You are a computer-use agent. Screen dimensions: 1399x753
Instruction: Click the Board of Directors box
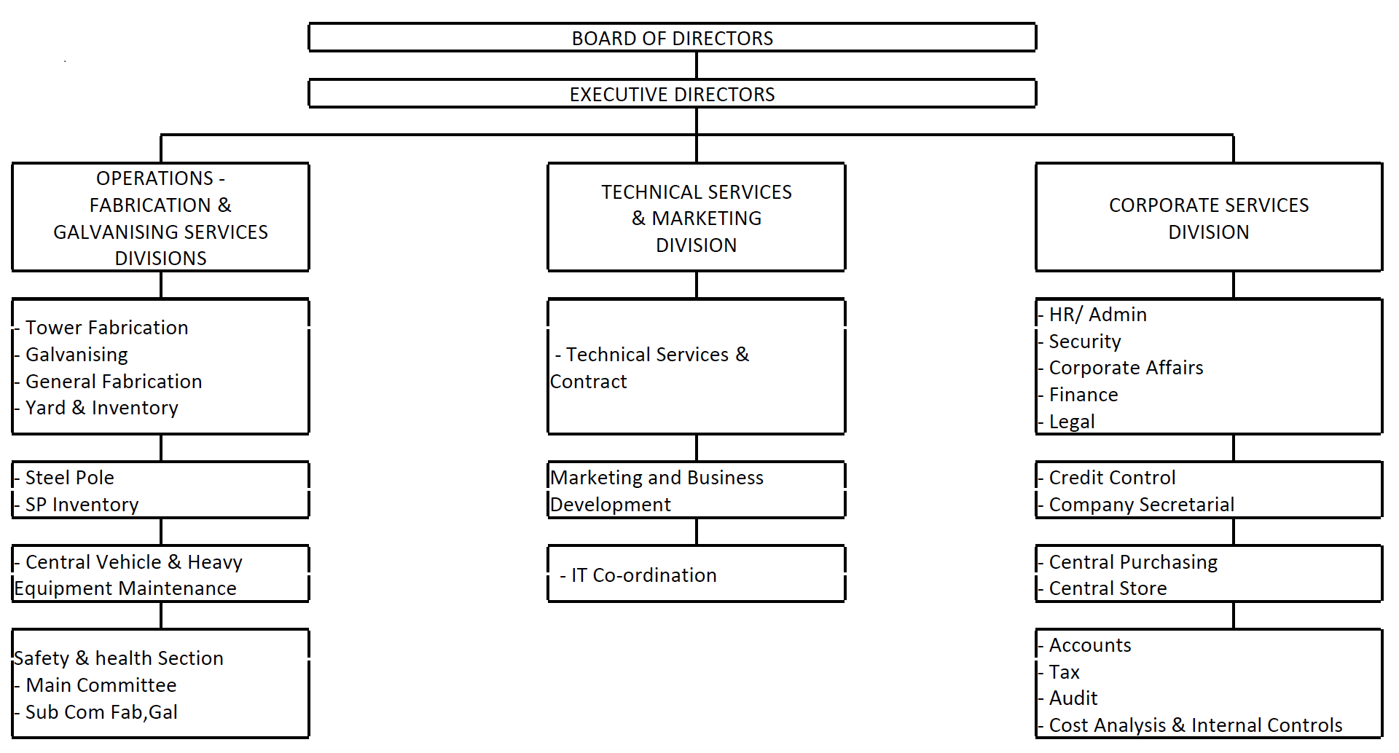pyautogui.click(x=672, y=37)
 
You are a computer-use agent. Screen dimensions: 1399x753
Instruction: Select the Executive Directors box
pyautogui.click(x=672, y=94)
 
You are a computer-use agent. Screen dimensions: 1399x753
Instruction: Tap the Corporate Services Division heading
pyautogui.click(x=1209, y=218)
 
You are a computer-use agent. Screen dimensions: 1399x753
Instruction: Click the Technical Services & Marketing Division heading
pyautogui.click(x=697, y=218)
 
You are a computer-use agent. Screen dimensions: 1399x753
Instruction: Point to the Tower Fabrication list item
pyautogui.click(x=106, y=328)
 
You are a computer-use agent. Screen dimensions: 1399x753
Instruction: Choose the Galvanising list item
pyautogui.click(x=77, y=355)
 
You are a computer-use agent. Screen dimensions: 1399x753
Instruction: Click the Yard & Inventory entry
pyautogui.click(x=101, y=408)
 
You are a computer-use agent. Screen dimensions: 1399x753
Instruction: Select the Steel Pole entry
pyautogui.click(x=69, y=478)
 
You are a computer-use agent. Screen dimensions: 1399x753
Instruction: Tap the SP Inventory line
pyautogui.click(x=82, y=505)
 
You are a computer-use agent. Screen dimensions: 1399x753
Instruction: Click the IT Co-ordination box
pyautogui.click(x=697, y=574)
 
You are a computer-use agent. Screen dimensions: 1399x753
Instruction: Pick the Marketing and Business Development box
pyautogui.click(x=697, y=490)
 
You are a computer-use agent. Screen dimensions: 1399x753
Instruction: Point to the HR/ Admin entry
pyautogui.click(x=1097, y=315)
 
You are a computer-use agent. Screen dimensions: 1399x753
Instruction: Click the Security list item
pyautogui.click(x=1084, y=342)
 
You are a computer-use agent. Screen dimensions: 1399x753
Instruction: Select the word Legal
pyautogui.click(x=1072, y=422)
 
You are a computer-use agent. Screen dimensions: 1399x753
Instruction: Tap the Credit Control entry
pyautogui.click(x=1112, y=478)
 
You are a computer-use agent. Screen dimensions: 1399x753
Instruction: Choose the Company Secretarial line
pyautogui.click(x=1141, y=505)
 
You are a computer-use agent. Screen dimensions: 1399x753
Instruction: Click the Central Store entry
pyautogui.click(x=1108, y=588)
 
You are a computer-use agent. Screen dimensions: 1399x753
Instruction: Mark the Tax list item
pyautogui.click(x=1064, y=672)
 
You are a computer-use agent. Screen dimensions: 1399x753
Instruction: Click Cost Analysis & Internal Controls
pyautogui.click(x=1195, y=725)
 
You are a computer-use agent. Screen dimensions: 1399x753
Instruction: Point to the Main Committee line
pyautogui.click(x=101, y=685)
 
